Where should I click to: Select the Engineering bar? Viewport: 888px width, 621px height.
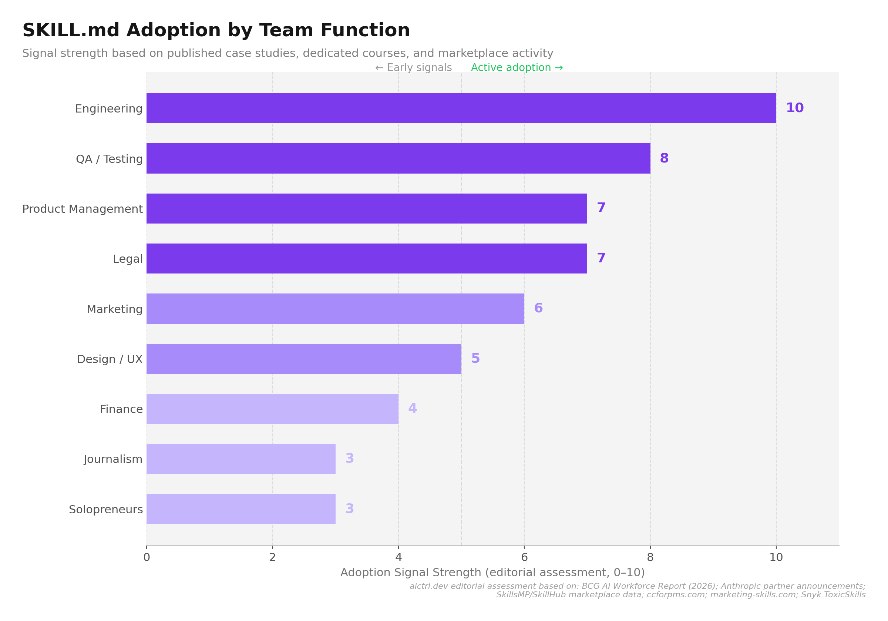(x=461, y=108)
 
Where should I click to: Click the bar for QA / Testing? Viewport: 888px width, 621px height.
(x=398, y=158)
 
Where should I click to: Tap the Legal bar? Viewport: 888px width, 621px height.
(x=367, y=258)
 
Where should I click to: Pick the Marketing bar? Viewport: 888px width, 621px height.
(x=335, y=308)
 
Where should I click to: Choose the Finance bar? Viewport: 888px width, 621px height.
(x=272, y=409)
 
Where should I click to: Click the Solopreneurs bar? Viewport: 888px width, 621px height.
(x=241, y=509)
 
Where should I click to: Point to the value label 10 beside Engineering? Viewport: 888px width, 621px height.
(x=795, y=108)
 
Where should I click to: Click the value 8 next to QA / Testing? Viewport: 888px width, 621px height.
(x=664, y=158)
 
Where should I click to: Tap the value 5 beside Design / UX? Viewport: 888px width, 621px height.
(x=475, y=358)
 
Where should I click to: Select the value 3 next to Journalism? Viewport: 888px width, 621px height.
(x=350, y=459)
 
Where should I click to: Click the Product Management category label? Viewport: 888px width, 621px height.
(x=83, y=209)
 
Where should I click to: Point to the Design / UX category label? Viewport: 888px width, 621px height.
(x=110, y=359)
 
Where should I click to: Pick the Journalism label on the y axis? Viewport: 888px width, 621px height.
(x=113, y=459)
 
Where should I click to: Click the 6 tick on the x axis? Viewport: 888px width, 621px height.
(x=524, y=558)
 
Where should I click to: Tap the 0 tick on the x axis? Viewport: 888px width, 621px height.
(x=147, y=558)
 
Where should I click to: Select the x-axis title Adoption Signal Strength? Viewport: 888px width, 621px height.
(x=492, y=573)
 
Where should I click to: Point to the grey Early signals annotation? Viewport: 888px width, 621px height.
(x=413, y=68)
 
